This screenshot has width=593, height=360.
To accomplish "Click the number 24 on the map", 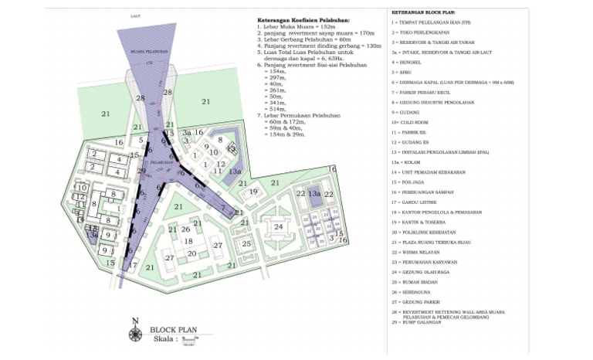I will point(278,227).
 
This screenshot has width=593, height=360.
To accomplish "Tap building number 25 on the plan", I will point(246,244).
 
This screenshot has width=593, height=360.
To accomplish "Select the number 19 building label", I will point(252,192).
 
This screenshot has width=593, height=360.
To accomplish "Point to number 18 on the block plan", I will point(188,241).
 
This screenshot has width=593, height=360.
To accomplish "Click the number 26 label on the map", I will point(185,229).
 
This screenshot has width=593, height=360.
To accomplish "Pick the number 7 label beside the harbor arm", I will point(222,209).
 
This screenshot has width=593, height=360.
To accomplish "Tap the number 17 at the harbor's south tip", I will point(132,265).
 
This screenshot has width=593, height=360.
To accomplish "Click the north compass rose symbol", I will point(136,332).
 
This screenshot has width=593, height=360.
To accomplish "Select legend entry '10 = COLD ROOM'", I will point(411,122).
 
